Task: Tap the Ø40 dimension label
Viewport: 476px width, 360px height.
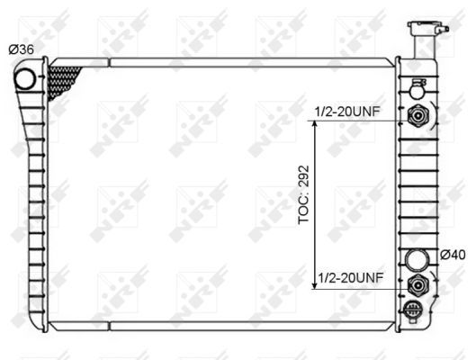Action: [452, 255]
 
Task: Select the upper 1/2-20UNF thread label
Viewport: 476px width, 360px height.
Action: [349, 112]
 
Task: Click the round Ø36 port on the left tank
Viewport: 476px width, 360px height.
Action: [27, 78]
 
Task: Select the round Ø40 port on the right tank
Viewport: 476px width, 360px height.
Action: [417, 261]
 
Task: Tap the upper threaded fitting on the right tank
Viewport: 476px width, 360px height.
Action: [417, 115]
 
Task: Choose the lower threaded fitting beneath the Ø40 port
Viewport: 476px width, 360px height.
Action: [417, 285]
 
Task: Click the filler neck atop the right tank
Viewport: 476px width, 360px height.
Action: [420, 36]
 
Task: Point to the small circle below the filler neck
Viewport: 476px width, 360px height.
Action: [417, 87]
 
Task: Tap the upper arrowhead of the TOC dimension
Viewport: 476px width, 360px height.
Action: [315, 125]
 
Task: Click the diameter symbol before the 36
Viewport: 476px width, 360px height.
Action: [13, 49]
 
